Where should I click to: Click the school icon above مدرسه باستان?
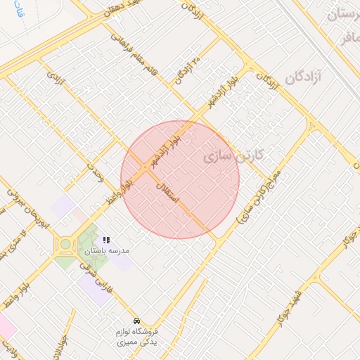106,240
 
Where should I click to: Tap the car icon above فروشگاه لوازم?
136,319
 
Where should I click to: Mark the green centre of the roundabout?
65,244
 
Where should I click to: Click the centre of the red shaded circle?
180,179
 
